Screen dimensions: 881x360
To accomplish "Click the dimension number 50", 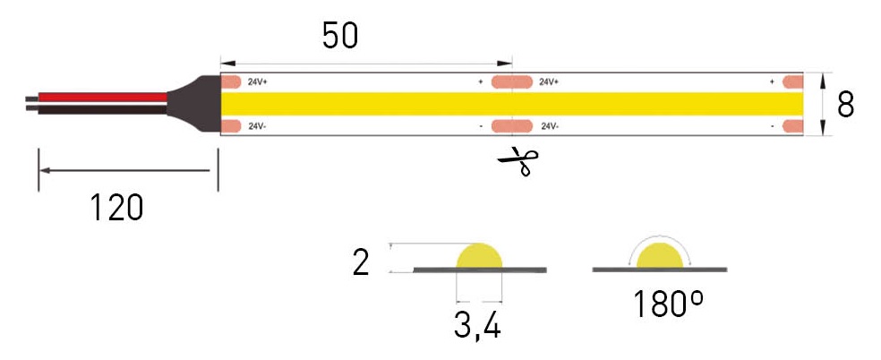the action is pyautogui.click(x=340, y=36).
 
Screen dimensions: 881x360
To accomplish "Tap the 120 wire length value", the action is pyautogui.click(x=116, y=207).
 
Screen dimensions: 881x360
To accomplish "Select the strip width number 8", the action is pyautogui.click(x=845, y=104).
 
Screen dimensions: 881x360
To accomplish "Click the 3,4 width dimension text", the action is pyautogui.click(x=477, y=325).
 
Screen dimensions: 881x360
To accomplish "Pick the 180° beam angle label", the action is pyautogui.click(x=668, y=304).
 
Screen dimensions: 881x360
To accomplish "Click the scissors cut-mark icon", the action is pyautogui.click(x=518, y=162).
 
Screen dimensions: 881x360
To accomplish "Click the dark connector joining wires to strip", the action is pyautogui.click(x=197, y=104).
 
